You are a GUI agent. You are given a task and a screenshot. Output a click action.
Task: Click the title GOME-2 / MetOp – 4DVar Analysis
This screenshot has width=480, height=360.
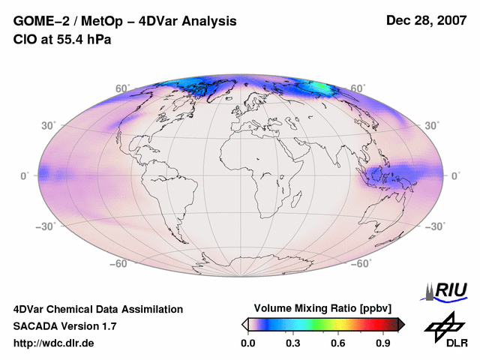(x=125, y=21)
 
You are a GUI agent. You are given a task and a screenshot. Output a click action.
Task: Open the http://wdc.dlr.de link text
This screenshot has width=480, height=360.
(x=54, y=343)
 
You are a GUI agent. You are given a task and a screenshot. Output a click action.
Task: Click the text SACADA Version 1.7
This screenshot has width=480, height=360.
(x=64, y=326)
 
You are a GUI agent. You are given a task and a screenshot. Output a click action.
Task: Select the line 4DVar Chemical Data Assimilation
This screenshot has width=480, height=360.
(x=98, y=309)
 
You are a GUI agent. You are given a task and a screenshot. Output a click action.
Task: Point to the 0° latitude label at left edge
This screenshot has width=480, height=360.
(x=25, y=175)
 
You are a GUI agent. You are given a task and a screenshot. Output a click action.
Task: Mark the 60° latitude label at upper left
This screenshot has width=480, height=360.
(x=121, y=88)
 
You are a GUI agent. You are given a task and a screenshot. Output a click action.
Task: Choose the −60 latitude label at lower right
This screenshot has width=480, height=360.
(x=361, y=263)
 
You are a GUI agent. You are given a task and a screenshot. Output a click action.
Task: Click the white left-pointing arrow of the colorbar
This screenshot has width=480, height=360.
(x=244, y=324)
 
